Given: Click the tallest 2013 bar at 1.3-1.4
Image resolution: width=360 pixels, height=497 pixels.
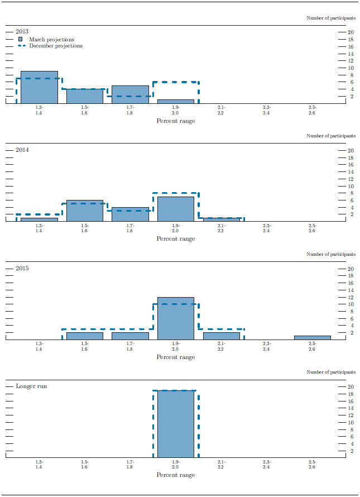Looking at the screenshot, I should point(39,87).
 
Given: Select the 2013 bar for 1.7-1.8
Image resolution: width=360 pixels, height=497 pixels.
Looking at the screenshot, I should point(130,94).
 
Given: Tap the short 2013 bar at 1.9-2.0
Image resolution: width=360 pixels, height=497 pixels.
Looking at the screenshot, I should point(176,101).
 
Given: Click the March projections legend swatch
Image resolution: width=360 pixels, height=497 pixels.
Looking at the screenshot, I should point(21,40).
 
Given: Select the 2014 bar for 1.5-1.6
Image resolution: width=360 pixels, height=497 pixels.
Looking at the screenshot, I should point(85,211).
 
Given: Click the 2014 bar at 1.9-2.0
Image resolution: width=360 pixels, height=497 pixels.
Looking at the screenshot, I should point(176,209).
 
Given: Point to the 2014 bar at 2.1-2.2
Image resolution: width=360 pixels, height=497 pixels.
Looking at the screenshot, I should point(222,219).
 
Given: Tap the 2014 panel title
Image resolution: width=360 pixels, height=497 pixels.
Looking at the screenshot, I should point(22,150).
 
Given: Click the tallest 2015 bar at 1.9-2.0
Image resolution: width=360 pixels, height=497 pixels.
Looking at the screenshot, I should point(176,318).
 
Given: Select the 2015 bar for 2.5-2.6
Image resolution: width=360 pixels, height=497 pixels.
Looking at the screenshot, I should point(313,337).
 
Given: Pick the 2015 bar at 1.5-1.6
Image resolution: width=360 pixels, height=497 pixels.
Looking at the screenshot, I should point(85,336).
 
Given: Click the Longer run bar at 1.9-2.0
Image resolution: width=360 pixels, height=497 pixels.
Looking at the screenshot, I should point(176,424).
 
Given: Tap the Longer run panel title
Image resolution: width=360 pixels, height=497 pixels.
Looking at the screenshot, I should point(31,386).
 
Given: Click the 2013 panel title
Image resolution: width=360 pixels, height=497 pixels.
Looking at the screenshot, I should point(22,31).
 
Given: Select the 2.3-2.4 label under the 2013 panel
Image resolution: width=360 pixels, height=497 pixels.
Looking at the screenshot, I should point(267,110).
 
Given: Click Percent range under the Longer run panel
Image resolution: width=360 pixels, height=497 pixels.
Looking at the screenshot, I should point(176,475).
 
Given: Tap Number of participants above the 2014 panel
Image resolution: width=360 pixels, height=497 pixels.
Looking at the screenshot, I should point(330,136).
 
